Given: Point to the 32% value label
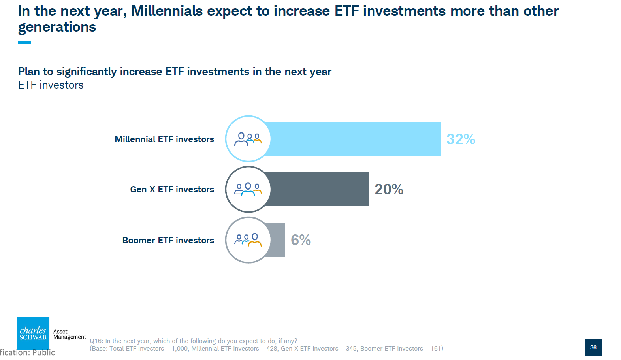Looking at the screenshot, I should pyautogui.click(x=461, y=139).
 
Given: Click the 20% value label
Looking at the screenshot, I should pyautogui.click(x=389, y=189).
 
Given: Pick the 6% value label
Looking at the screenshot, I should pyautogui.click(x=301, y=240).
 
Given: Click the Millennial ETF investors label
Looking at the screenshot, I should pyautogui.click(x=164, y=139).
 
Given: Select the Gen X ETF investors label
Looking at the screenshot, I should pyautogui.click(x=172, y=189).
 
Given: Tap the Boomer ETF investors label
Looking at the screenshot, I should pyautogui.click(x=168, y=240).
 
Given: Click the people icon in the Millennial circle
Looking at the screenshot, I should pyautogui.click(x=248, y=139).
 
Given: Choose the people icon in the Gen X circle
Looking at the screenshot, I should pyautogui.click(x=248, y=189).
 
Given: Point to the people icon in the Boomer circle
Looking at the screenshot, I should pyautogui.click(x=248, y=240).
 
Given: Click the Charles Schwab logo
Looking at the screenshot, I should pyautogui.click(x=33, y=333).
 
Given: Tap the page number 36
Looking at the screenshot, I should pyautogui.click(x=593, y=347).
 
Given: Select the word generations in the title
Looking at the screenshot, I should pyautogui.click(x=57, y=27).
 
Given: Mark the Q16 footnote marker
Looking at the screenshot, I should pyautogui.click(x=96, y=341).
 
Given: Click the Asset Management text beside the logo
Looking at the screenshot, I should pyautogui.click(x=70, y=334).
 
